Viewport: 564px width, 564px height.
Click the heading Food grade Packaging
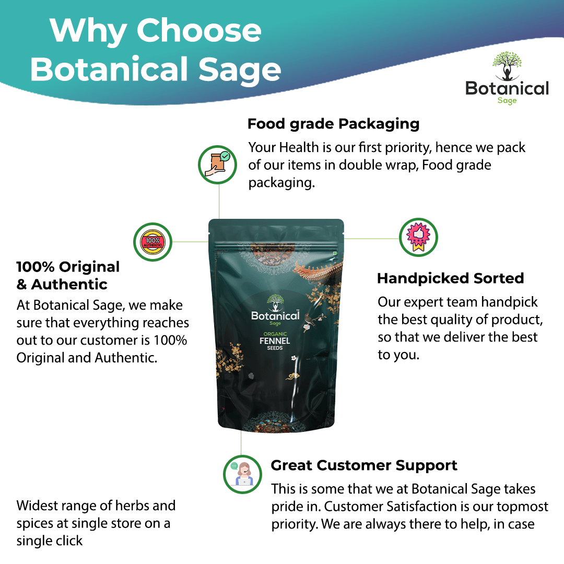coord(333,124)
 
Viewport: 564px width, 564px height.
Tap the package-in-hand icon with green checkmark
coord(217,164)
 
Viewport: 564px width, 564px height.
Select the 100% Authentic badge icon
coord(152,242)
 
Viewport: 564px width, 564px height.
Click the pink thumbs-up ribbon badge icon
coord(418,238)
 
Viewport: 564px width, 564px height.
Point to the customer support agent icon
coord(242,474)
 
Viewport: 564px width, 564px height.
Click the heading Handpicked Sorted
coord(450,278)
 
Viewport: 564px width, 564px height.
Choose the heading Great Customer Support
coord(364,466)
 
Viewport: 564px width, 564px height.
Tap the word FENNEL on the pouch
coord(275,340)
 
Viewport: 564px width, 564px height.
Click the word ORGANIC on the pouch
coord(275,334)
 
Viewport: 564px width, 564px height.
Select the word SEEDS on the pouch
coord(275,348)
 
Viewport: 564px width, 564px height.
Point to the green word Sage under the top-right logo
coord(507,100)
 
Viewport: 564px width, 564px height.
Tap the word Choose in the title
coord(199,31)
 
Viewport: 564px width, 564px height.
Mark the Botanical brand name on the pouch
coord(275,316)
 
